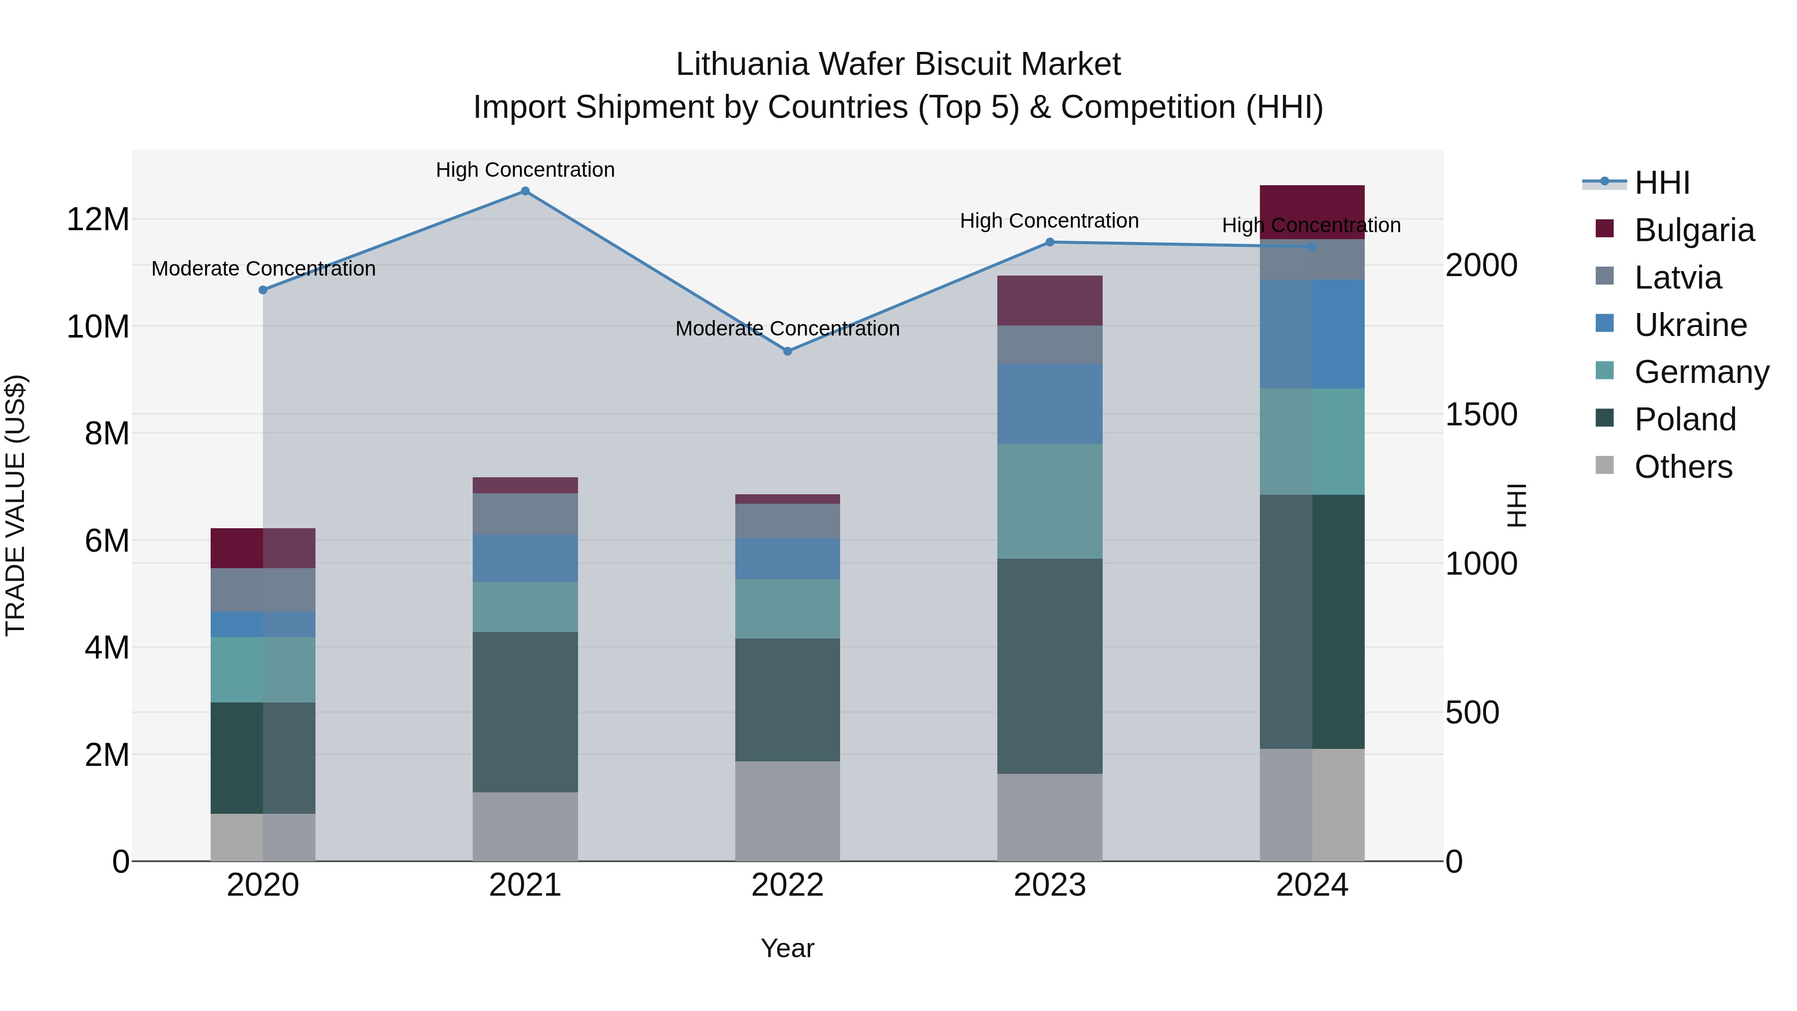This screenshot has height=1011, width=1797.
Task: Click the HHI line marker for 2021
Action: click(525, 191)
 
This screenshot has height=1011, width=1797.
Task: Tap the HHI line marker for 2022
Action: click(788, 351)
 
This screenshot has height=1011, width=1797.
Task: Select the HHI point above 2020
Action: click(263, 290)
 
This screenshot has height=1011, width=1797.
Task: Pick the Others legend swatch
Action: click(1604, 465)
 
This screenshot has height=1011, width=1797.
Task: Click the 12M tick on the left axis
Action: click(98, 220)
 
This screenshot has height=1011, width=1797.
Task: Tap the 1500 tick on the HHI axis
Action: click(1481, 414)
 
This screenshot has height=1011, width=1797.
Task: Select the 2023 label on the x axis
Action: click(1049, 885)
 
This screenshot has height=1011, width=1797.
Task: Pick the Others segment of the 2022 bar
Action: click(788, 811)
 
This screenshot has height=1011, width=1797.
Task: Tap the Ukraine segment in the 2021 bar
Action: click(525, 558)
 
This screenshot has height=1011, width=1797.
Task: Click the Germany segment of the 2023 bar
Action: click(1049, 501)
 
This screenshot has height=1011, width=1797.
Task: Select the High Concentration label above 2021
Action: click(525, 170)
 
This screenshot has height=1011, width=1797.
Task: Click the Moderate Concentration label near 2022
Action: click(788, 329)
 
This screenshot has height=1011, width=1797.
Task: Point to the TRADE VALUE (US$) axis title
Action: click(15, 505)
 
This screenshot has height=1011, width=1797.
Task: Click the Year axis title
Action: click(788, 948)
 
